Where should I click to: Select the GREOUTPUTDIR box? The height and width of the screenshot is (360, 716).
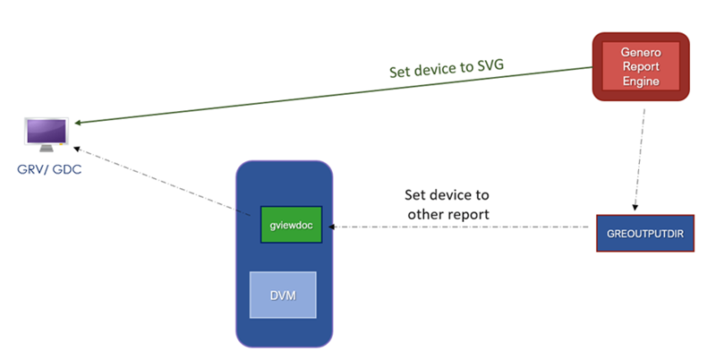click(x=644, y=233)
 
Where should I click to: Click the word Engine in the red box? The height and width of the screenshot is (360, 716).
click(x=641, y=82)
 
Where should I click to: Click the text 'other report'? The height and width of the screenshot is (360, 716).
click(x=447, y=214)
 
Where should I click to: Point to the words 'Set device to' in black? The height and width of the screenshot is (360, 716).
click(x=447, y=193)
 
